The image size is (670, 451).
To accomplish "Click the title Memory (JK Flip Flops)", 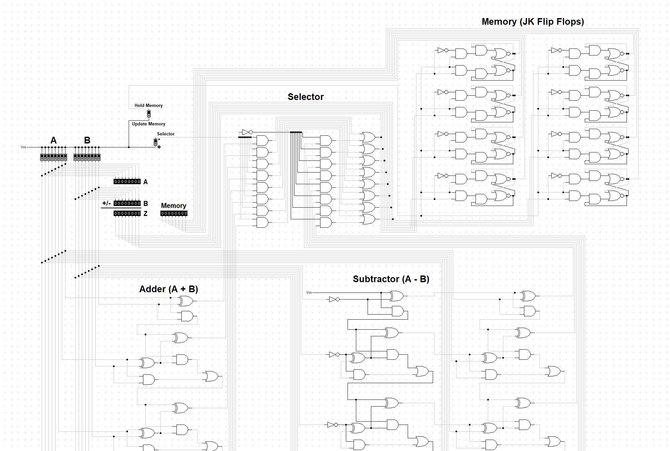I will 533,22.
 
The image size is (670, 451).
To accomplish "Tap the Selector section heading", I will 305,97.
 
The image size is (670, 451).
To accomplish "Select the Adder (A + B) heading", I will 168,289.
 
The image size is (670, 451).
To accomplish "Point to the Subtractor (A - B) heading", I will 391,279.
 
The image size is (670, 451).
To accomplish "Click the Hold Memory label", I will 148,105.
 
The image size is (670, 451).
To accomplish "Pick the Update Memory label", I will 148,124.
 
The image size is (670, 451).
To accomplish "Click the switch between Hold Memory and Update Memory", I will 149,114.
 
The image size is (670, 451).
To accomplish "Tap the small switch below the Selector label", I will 155,142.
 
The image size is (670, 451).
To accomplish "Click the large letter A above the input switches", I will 53,140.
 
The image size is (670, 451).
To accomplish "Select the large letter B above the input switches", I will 87,140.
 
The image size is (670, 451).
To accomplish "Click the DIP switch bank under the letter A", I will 53,157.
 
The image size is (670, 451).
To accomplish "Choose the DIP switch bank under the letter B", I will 87,157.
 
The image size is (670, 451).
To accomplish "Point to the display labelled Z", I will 127,213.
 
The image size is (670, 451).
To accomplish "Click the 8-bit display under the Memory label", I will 174,213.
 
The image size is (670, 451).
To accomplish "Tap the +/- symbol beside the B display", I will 106,203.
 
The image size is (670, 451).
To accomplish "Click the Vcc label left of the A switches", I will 23,147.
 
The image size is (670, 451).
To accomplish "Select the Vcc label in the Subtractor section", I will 309,293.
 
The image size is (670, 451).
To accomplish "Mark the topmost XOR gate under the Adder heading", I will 186,301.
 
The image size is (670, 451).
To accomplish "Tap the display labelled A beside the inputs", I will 127,182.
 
